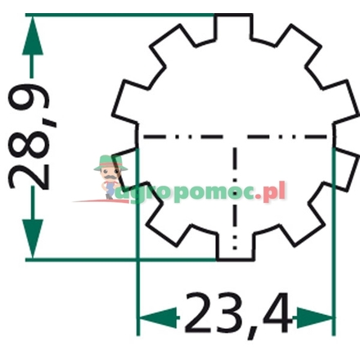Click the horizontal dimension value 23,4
pyautogui.click(x=237, y=315)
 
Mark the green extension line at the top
pyautogui.click(x=123, y=15)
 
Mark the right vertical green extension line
pyautogui.click(x=334, y=245)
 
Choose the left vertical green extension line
pyautogui.click(x=137, y=245)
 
